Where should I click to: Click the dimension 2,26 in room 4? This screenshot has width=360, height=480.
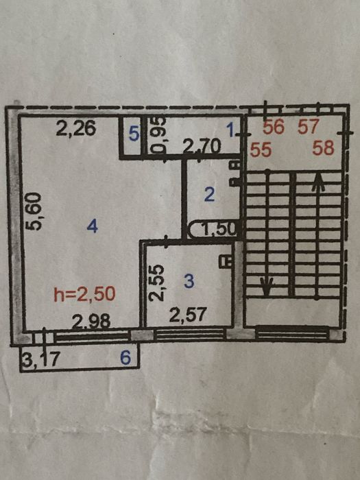coord(76,128)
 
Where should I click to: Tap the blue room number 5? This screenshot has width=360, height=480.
coord(134,134)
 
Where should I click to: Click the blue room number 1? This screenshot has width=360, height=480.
coord(230,130)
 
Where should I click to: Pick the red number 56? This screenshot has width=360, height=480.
coord(274,127)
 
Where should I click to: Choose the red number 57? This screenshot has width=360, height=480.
coord(309,127)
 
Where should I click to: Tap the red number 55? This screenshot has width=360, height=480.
coord(261,149)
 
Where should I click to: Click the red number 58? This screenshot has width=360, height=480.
coord(323,148)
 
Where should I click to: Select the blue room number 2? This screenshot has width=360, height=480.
coord(209,194)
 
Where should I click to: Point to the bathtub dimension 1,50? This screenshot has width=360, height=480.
coord(219,229)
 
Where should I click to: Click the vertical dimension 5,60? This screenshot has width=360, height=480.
coord(33,211)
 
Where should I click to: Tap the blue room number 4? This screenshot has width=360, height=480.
coord(92,227)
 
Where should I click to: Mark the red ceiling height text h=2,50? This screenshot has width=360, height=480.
coord(84,294)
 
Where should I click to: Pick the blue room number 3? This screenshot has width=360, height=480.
coord(189,281)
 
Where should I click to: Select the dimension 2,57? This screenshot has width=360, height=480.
coord(188,315)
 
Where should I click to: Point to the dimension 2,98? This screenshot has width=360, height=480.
coord(91,322)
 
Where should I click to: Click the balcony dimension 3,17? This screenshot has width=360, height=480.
coord(40,359)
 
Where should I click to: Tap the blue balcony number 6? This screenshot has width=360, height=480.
coord(125,357)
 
